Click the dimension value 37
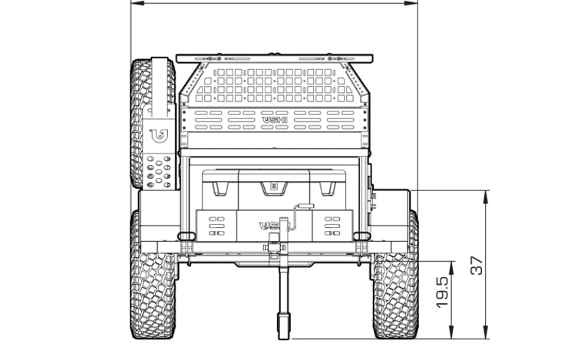point(477,266)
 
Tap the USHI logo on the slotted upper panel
point(275,120)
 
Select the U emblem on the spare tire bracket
point(158,137)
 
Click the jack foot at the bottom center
point(282,325)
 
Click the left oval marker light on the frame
point(185,235)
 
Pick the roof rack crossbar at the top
point(275,58)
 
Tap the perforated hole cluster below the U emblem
point(158,170)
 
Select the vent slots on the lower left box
point(216,225)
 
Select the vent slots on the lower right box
point(332,225)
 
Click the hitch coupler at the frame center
point(275,248)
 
